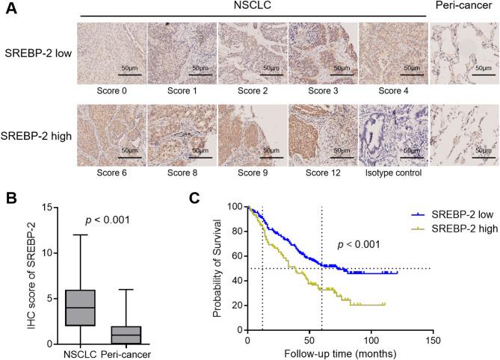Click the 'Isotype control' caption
(392, 171)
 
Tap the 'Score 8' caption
(181, 171)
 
